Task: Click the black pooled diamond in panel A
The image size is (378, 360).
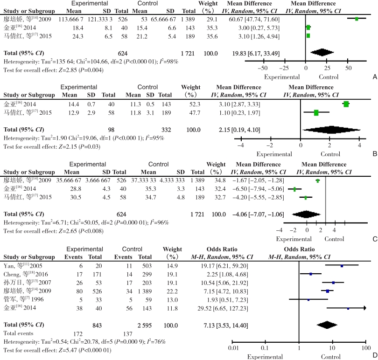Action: point(322,52)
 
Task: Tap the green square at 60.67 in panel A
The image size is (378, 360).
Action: point(357,19)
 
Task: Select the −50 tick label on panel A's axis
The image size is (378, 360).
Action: point(263,68)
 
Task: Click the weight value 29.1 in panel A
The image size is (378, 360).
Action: point(212,19)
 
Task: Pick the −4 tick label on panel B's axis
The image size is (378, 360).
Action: point(241,145)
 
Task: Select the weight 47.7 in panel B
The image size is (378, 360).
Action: point(195,113)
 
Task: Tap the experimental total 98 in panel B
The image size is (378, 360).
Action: point(111,130)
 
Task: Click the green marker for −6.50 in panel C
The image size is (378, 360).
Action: point(294,189)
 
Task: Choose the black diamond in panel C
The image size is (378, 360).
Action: point(306,214)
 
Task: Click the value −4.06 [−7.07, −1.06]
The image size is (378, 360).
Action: point(258,214)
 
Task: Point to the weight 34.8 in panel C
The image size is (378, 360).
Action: point(220,180)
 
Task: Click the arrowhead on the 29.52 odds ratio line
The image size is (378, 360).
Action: point(365,308)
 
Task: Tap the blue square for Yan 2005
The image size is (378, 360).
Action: point(342,266)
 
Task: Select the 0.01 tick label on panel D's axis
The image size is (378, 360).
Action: point(233,348)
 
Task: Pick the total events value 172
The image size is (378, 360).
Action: point(78,334)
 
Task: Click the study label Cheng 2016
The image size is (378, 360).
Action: point(26,274)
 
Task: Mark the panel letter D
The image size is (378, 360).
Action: point(375,355)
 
